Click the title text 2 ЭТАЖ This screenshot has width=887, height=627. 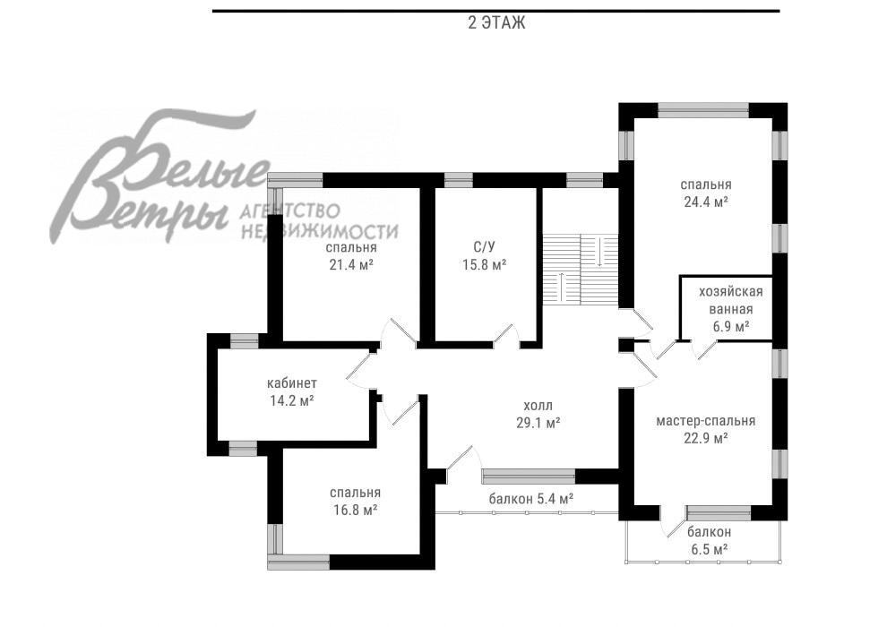pos(496,23)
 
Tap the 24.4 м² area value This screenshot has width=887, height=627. pos(705,202)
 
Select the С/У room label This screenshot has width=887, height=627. pos(484,246)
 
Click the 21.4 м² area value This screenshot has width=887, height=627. pos(350,264)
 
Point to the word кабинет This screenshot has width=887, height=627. pos(292,383)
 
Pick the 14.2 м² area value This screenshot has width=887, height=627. pos(292,400)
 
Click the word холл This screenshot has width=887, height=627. pos(538,406)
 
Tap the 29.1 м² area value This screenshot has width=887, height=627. pos(538,423)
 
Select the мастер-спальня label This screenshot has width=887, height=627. pos(705,421)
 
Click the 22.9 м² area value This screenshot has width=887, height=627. pos(705,438)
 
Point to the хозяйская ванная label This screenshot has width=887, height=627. pos(731,301)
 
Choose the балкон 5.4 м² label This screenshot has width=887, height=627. pos(531,499)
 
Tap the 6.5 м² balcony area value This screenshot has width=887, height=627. pos(709,548)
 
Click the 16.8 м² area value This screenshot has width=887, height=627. pos(356,510)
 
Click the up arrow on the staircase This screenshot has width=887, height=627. pos(561,286)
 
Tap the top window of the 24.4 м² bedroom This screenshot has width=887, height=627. pos(703,110)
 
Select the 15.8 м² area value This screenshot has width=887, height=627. pos(484,264)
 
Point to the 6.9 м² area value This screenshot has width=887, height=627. pos(731,326)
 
